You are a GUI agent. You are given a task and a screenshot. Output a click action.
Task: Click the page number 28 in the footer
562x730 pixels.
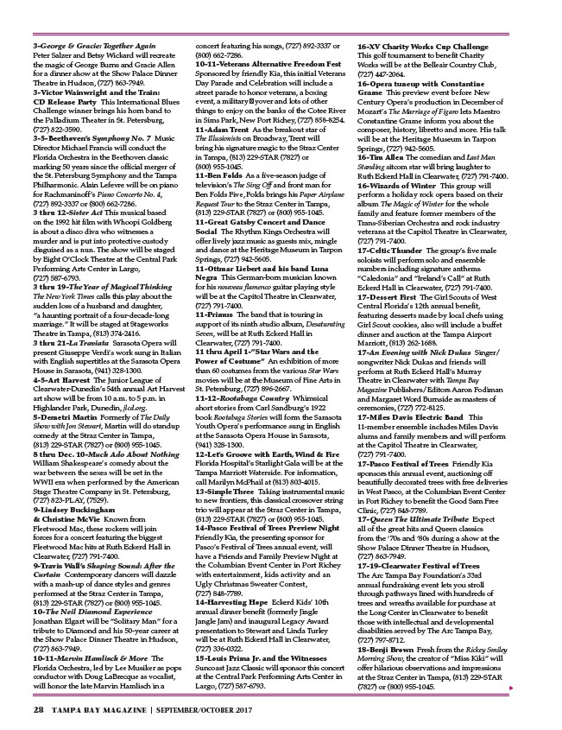tap(39, 708)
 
